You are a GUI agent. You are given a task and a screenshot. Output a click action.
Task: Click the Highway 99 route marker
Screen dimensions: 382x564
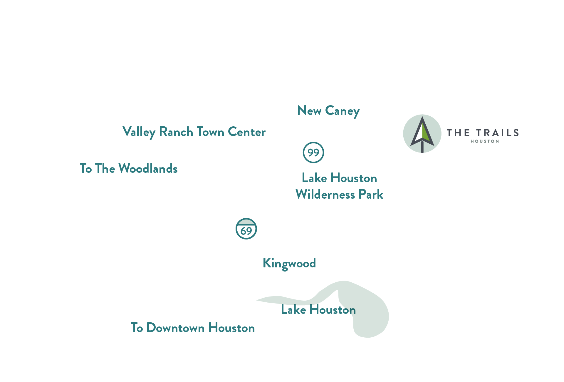click(x=313, y=152)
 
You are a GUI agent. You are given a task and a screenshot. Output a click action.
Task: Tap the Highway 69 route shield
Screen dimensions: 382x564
click(x=246, y=229)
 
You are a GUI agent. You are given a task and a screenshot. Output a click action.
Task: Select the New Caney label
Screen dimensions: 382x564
click(x=328, y=111)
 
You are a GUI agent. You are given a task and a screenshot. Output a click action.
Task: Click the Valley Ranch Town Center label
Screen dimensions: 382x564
click(x=194, y=132)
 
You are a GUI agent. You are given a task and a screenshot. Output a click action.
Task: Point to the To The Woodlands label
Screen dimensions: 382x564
click(x=129, y=169)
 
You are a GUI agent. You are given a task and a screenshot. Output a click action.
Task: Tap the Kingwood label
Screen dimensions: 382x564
click(x=289, y=263)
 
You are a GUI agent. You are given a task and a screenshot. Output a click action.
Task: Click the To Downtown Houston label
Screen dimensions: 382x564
click(x=193, y=328)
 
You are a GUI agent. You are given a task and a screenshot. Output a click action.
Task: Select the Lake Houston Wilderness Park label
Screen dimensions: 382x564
click(x=339, y=186)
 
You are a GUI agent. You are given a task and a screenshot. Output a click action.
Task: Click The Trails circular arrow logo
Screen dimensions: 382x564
click(x=422, y=133)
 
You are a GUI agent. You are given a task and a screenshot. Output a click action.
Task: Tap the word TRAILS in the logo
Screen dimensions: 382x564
click(x=498, y=133)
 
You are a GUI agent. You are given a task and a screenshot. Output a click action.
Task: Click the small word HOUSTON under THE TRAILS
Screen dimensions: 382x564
click(x=485, y=141)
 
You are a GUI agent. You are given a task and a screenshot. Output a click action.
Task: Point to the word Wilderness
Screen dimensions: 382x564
click(x=325, y=195)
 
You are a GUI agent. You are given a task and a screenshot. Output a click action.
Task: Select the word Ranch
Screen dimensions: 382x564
click(x=176, y=132)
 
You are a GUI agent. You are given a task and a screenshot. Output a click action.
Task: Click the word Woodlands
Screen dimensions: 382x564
click(x=148, y=169)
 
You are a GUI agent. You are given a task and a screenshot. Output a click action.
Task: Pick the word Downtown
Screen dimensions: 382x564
click(x=175, y=328)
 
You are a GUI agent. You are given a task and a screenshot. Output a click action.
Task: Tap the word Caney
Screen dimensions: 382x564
click(x=342, y=111)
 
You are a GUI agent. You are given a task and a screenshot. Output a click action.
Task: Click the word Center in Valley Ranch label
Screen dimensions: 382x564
click(x=247, y=132)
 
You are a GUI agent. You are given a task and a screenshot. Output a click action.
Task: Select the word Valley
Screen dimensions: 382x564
click(x=139, y=132)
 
